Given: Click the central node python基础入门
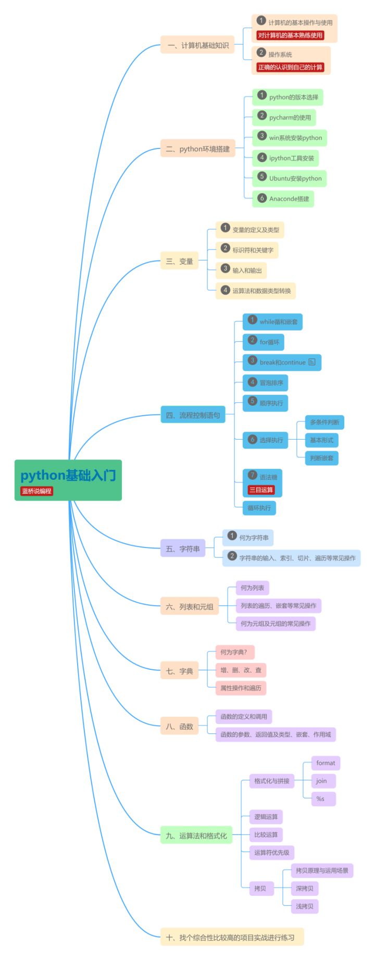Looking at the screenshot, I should (68, 475).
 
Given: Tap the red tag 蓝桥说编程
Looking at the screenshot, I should (36, 491).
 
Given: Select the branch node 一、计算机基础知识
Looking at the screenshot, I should (197, 45).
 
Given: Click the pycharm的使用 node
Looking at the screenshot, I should (284, 117).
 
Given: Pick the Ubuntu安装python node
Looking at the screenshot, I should (290, 178).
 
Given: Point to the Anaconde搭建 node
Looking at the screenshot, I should (283, 198).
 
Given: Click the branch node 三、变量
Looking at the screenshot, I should (179, 261).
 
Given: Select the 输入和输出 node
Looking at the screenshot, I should (241, 270).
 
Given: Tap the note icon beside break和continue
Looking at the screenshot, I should (312, 362).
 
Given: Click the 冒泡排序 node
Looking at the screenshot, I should (266, 383).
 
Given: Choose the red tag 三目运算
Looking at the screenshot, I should (261, 490).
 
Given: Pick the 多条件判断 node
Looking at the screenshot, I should (324, 422).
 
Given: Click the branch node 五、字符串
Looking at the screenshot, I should (182, 548).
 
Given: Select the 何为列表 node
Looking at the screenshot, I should (252, 588).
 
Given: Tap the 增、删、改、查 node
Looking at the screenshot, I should (241, 670).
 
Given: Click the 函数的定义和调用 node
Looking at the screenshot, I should (243, 717).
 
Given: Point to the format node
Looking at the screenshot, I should (326, 763).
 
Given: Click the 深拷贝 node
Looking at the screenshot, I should (305, 888).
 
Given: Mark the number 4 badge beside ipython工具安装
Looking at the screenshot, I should (262, 157).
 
